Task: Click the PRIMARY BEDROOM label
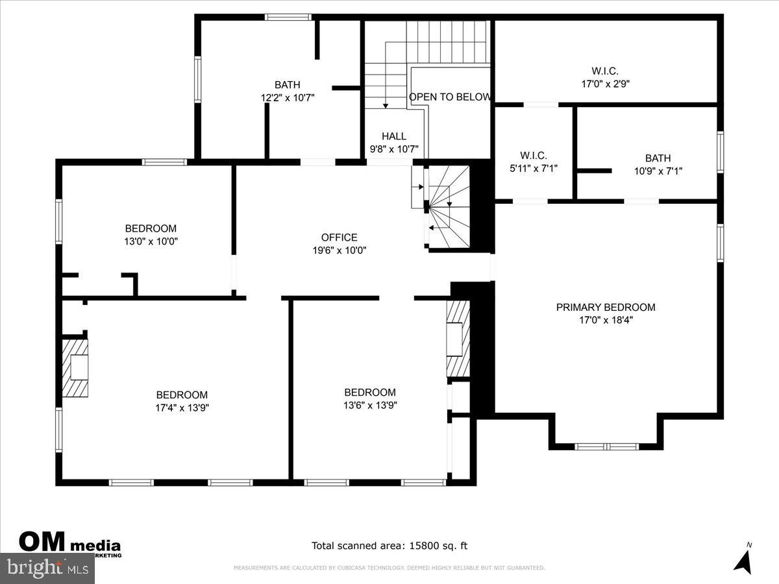606,307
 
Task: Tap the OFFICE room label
339,237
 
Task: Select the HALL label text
394,136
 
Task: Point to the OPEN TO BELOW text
449,97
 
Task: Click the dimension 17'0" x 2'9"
605,84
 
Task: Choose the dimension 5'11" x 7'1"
534,168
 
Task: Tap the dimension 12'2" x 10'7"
287,97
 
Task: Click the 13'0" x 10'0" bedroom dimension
151,241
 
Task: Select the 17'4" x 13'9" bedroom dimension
182,408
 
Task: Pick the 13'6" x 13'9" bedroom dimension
370,405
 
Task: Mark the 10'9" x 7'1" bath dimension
658,171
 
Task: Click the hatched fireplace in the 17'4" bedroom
75,368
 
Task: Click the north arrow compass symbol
743,559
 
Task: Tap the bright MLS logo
47,568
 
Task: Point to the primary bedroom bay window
606,446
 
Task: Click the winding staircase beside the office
448,206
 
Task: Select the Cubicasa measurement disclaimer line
389,568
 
